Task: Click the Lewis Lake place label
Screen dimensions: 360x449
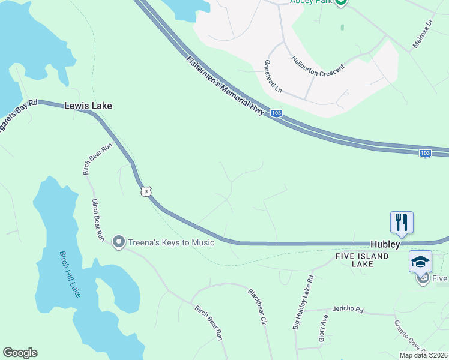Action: (x=88, y=106)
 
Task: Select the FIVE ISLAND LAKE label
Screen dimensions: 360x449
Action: (x=361, y=260)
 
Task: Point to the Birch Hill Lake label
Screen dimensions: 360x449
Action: (x=70, y=274)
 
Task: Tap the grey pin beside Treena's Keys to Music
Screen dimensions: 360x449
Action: (x=118, y=242)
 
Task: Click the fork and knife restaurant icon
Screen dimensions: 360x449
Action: (x=400, y=222)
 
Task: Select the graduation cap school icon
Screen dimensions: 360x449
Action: (x=420, y=262)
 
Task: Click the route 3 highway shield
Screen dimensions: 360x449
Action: (x=146, y=191)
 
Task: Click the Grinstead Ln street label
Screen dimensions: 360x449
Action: (x=273, y=76)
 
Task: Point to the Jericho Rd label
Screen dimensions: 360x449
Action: (x=351, y=310)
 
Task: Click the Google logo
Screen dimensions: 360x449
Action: (x=20, y=353)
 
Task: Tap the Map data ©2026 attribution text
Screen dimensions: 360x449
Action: (x=423, y=355)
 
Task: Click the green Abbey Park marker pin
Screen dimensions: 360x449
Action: (x=341, y=2)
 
